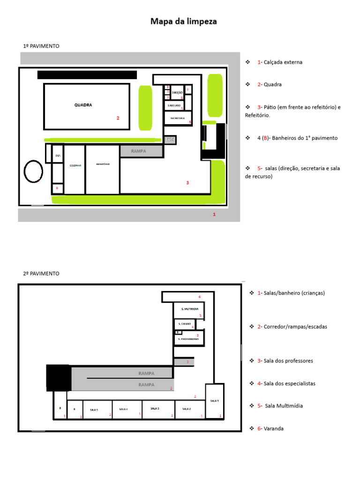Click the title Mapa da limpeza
(183, 22)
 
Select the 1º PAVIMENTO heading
(41, 46)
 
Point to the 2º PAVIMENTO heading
(41, 273)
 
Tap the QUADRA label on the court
(83, 105)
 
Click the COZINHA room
(75, 165)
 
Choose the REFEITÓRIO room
(103, 164)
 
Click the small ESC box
(170, 140)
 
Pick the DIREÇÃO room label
(177, 93)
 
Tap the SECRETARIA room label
(178, 118)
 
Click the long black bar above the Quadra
(87, 75)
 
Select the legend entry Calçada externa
(279, 62)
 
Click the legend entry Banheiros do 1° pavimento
(297, 138)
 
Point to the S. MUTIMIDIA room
(188, 309)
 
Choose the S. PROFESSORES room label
(188, 338)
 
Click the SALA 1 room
(215, 401)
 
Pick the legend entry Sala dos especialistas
(286, 383)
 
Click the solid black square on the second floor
(59, 377)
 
